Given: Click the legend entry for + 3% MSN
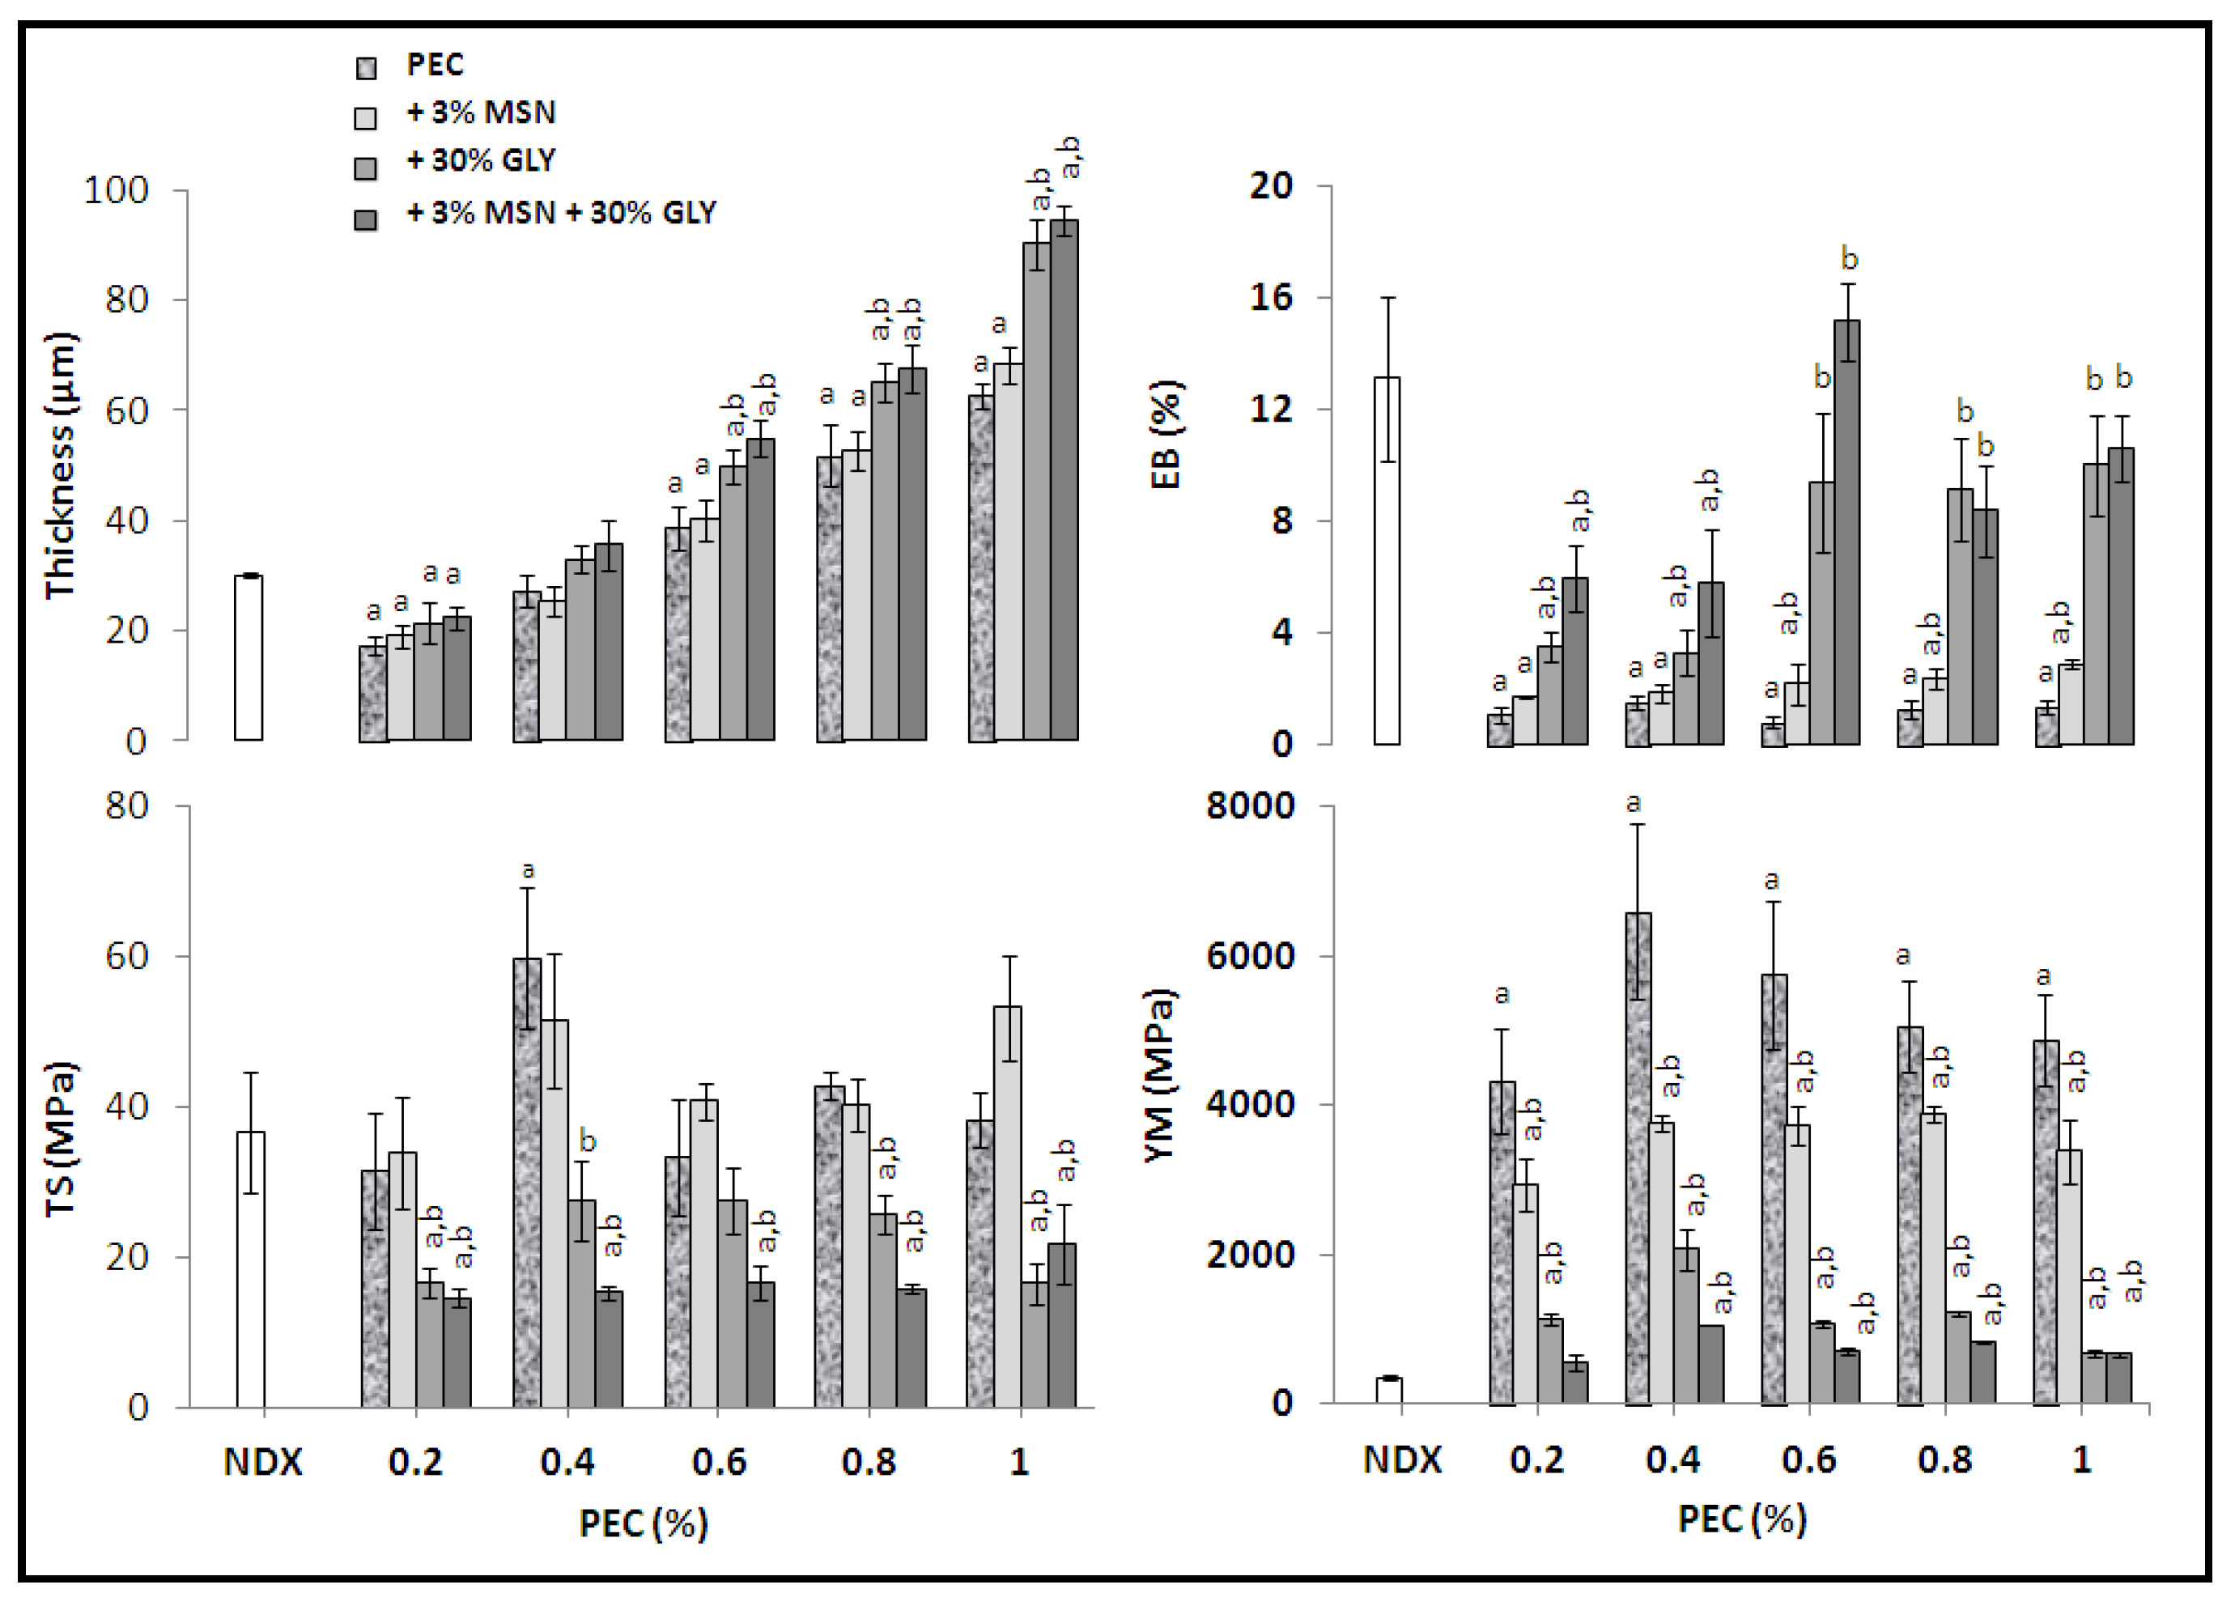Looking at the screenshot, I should (480, 113).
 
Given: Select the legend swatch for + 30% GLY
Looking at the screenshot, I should (366, 168).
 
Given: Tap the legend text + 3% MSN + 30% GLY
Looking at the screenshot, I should (561, 213).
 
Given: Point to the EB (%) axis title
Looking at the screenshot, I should (1166, 435).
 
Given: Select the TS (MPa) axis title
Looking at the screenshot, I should (61, 1141).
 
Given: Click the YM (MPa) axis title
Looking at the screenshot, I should (1160, 1076).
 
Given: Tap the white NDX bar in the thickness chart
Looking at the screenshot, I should (249, 658).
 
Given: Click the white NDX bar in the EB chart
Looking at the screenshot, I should (1387, 562).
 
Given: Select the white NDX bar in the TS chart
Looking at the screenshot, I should (250, 1269).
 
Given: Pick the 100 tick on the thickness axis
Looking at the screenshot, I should (117, 190).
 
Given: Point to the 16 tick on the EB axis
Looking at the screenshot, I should (1270, 298).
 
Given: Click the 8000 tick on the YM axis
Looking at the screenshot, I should (1250, 806).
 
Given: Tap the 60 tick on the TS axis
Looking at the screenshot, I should (126, 956).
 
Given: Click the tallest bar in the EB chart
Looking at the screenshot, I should (1846, 532).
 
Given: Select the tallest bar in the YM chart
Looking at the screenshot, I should (1638, 1158).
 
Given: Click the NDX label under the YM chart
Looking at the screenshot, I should (1401, 1460).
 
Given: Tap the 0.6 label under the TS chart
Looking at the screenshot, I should (718, 1462).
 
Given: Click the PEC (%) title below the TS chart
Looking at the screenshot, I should (644, 1523).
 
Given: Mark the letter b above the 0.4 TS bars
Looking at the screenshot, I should (588, 1142).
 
